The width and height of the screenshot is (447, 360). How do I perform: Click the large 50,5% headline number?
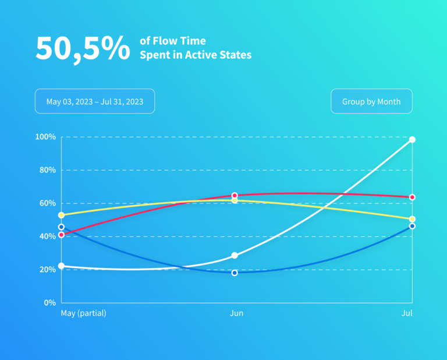coord(83,48)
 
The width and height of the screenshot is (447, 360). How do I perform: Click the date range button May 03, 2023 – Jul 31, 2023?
coord(95,101)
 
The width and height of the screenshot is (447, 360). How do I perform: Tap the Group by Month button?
coord(371,101)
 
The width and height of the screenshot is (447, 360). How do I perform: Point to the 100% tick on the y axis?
coord(45,137)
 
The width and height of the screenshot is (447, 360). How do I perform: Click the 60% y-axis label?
coord(47,203)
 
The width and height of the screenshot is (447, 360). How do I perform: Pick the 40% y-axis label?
coord(47,237)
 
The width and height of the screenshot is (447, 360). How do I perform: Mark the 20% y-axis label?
coord(47,270)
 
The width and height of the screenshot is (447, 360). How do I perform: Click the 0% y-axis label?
coord(48,303)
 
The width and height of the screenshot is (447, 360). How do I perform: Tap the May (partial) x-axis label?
coord(83,313)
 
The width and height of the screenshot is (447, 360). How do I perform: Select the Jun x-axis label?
coord(236,313)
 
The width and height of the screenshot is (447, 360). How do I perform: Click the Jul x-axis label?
coord(407,313)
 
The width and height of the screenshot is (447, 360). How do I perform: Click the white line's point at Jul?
coord(412,139)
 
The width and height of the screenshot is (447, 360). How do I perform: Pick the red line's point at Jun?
coord(235,196)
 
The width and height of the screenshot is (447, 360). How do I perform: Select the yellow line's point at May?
coord(61,215)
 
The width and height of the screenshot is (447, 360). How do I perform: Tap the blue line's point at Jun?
coord(235,273)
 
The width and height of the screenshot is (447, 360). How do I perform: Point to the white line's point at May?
coord(61,266)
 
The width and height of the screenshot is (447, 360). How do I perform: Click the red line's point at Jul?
coord(412,197)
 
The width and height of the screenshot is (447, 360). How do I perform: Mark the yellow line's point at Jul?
coord(412,219)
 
